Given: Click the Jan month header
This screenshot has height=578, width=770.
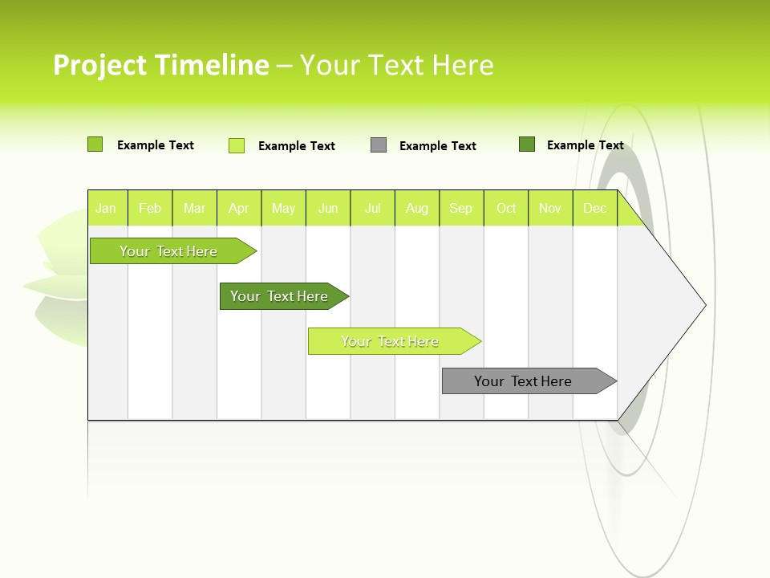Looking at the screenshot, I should tap(107, 208).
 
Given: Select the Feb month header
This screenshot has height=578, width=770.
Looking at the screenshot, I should tap(150, 208).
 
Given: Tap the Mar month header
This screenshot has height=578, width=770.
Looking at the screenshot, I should tap(194, 208).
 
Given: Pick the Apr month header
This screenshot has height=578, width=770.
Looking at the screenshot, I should tap(239, 208).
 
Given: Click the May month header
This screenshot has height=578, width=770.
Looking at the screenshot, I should tap(283, 208).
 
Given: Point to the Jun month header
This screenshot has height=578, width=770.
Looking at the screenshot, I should tap(328, 208).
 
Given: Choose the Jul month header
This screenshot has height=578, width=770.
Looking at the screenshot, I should tap(372, 208).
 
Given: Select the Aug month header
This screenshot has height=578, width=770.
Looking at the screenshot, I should tap(417, 208).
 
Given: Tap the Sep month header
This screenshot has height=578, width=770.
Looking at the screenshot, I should tap(461, 208).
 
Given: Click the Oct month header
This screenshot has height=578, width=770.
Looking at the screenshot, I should tap(506, 208).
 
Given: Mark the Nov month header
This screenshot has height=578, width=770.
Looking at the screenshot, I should tap(550, 208).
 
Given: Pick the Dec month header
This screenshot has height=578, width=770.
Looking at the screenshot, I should tap(594, 208).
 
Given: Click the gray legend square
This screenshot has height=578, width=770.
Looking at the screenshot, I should tap(379, 145).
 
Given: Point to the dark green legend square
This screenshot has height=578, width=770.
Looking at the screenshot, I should tap(527, 144).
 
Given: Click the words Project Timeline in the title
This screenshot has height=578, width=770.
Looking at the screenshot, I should tap(160, 65).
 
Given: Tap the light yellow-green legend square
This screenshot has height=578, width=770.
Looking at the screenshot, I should tap(237, 145).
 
